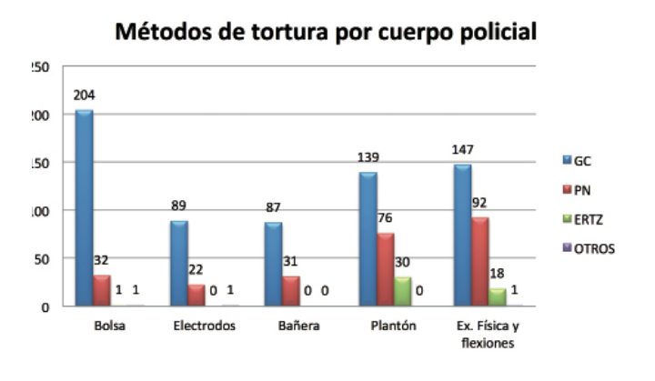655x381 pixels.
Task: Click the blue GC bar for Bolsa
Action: tap(84, 208)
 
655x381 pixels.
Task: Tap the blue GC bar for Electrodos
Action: tap(179, 263)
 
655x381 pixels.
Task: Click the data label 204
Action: tap(85, 95)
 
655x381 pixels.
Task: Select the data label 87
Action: tap(273, 208)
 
